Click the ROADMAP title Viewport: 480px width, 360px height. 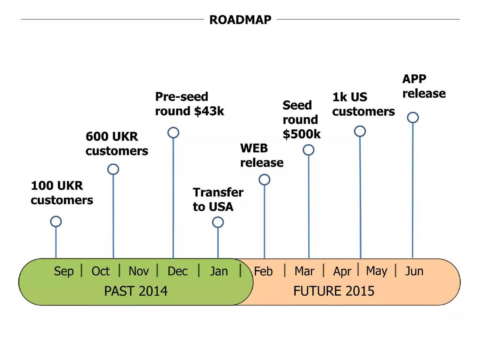coord(240,20)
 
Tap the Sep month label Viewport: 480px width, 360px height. coord(64,272)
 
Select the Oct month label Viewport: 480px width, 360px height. coord(100,271)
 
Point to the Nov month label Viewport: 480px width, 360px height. coord(139,271)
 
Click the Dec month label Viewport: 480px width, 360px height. coord(177,271)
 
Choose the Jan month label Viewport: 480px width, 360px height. coord(219,271)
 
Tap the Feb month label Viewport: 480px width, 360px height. coord(263,271)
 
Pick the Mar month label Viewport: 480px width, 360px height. coord(304,271)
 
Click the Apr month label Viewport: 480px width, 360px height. coord(342,272)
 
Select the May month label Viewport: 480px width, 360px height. coord(376,272)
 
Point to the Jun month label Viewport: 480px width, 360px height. coord(414,271)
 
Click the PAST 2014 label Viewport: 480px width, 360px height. coord(136,291)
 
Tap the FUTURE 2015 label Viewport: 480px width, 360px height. coord(334,291)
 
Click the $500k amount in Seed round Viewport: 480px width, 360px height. coord(302,134)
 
